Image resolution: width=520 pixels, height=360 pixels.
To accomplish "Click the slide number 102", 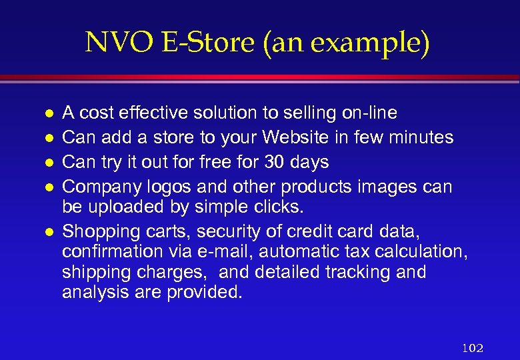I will (472, 348).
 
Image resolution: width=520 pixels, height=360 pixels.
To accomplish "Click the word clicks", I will (277, 207).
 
